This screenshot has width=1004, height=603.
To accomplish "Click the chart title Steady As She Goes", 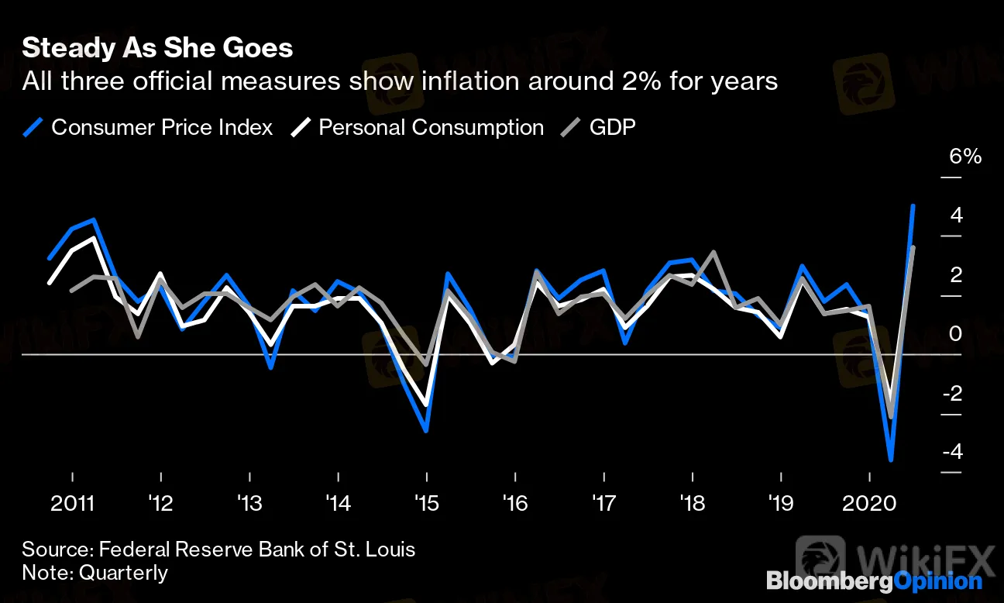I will pos(157,48).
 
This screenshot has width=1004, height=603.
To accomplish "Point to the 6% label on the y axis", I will pos(965,157).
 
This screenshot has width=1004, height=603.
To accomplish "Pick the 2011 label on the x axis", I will pos(72,504).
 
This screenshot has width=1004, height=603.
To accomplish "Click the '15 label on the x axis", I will pos(427,504).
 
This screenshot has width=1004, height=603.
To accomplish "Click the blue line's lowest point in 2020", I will pos(892,460).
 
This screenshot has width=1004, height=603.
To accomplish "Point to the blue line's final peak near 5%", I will pos(914,206).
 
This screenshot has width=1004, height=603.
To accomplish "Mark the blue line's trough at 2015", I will pos(427,431).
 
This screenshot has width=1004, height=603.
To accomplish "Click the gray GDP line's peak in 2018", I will pos(713,252).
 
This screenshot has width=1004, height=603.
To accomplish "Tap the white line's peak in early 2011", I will pos(95,237).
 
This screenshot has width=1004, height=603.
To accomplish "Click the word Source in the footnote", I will pos(54,550).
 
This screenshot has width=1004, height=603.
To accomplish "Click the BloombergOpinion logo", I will pos(874,581).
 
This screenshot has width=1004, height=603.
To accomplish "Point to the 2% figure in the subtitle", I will pos(593,81).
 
